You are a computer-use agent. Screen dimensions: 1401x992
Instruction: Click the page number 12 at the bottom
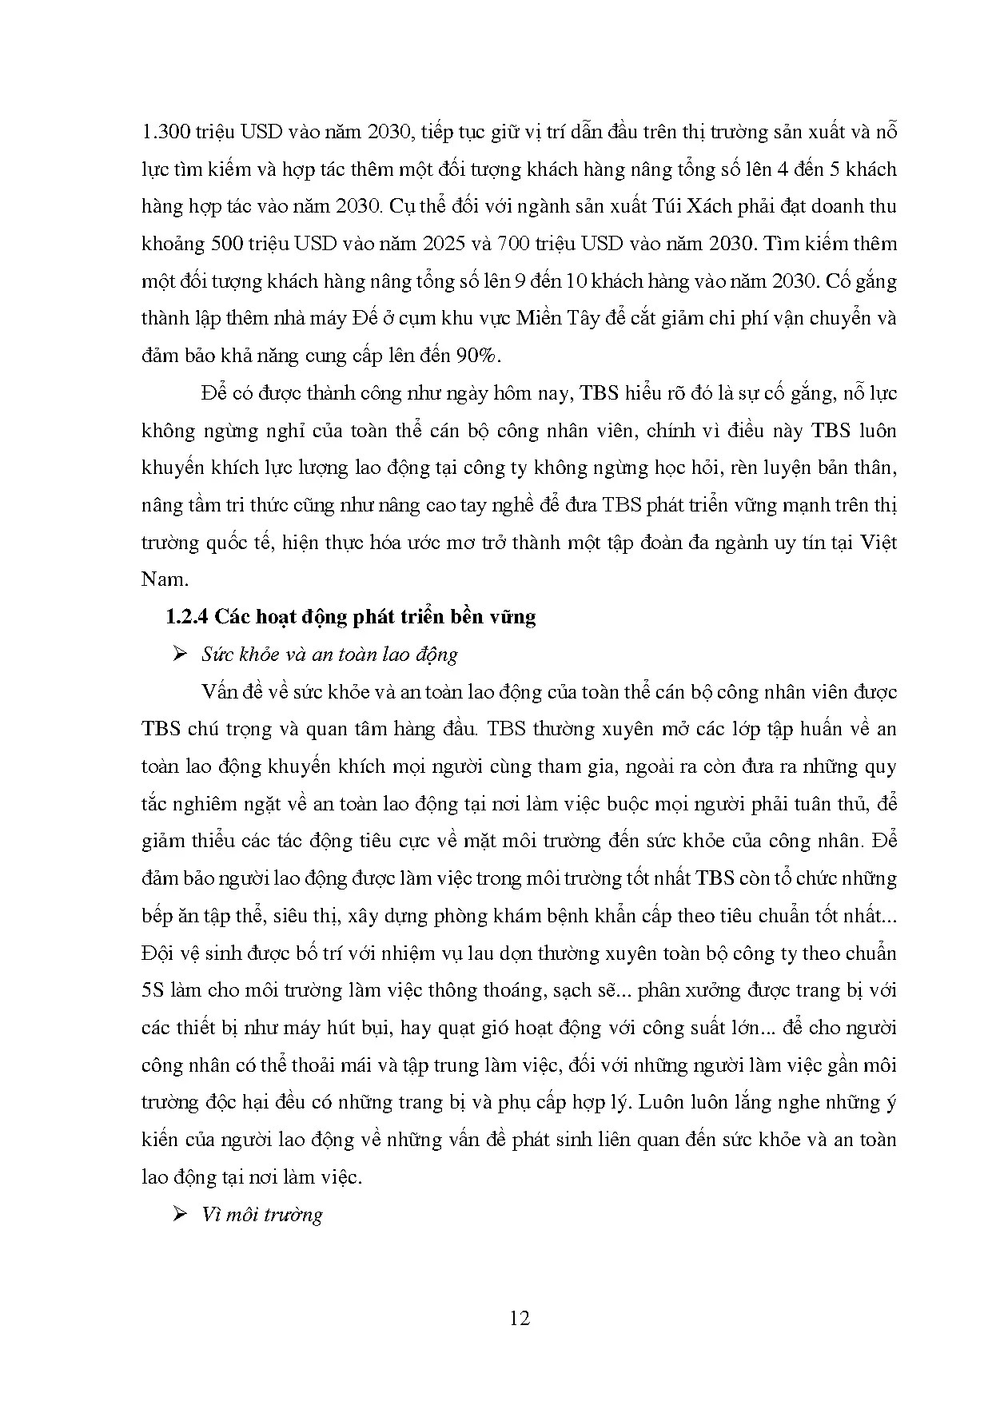pyautogui.click(x=520, y=1317)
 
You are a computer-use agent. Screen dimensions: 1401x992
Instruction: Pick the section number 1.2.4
pyautogui.click(x=185, y=617)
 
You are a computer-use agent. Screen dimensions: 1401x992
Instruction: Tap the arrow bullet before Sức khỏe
pyautogui.click(x=178, y=655)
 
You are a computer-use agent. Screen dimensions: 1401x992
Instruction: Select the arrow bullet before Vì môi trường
pyautogui.click(x=178, y=1215)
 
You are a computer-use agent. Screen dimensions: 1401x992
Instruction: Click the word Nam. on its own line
pyautogui.click(x=164, y=579)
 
